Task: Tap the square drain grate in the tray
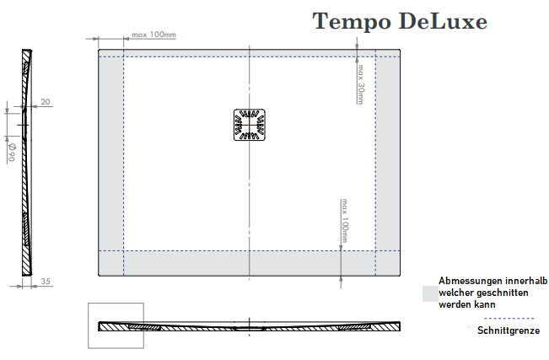pyautogui.click(x=250, y=126)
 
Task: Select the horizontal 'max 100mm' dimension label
pyautogui.click(x=154, y=35)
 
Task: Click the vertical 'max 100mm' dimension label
pyautogui.click(x=345, y=221)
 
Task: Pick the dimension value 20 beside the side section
pyautogui.click(x=46, y=102)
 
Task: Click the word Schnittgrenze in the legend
pyautogui.click(x=508, y=330)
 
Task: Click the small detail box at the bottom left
pyautogui.click(x=116, y=325)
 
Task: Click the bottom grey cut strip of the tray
pyautogui.click(x=250, y=263)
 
